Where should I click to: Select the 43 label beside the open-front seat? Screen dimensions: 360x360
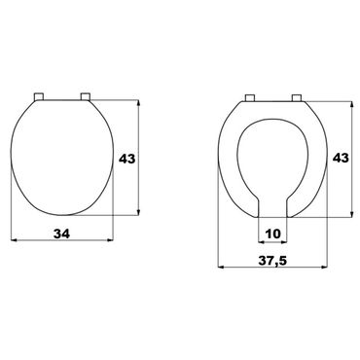tap(342, 158)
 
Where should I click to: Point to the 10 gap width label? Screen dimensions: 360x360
tap(272, 233)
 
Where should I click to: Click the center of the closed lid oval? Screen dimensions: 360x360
tap(62, 156)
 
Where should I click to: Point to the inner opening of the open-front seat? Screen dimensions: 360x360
tap(272, 161)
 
